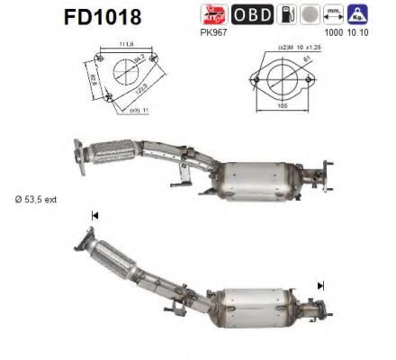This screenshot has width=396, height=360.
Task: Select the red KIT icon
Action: tap(217, 15)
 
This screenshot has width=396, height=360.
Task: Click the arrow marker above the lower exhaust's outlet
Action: tap(320, 285)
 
